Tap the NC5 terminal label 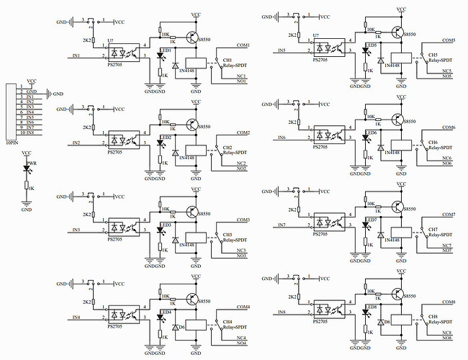point(447,71)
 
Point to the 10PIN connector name point(12,143)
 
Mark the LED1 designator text point(165,50)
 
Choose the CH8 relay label point(433,317)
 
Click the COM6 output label point(449,127)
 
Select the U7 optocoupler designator point(316,35)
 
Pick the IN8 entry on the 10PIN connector point(30,132)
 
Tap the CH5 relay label point(433,55)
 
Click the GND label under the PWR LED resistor point(27,210)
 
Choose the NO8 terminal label point(447,338)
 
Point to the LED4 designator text point(165,312)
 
